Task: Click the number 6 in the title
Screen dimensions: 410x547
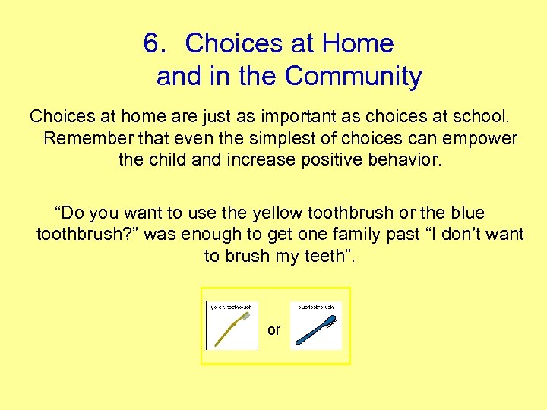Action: click(155, 43)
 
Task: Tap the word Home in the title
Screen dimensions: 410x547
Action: click(358, 43)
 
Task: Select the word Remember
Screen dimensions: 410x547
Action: click(82, 139)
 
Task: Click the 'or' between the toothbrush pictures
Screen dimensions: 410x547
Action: click(273, 330)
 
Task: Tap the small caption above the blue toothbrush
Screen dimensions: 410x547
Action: click(316, 307)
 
